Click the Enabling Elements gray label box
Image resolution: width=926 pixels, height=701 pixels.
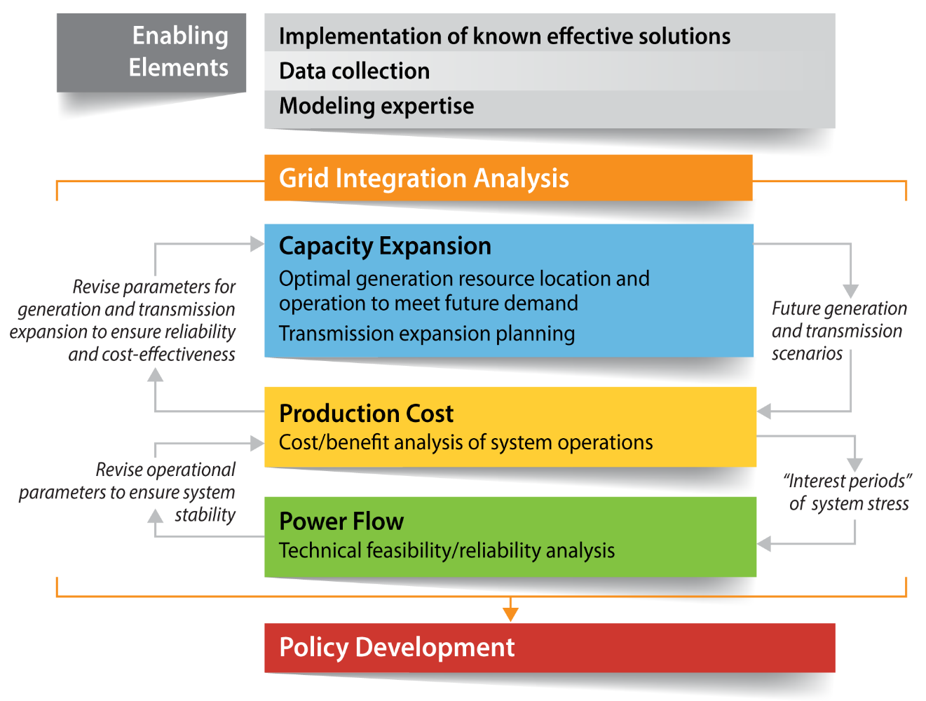[x=151, y=52]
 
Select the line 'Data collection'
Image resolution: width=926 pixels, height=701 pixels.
[x=354, y=72]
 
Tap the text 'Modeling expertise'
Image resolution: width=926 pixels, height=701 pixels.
[x=376, y=107]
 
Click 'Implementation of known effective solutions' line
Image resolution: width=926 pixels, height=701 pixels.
[x=504, y=36]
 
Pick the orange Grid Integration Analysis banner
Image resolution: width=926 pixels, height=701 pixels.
[x=508, y=178]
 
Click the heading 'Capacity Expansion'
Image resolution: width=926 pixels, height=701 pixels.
[x=385, y=246]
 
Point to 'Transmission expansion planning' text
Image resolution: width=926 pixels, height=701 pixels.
[x=426, y=334]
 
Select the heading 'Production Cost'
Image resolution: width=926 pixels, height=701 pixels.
[x=366, y=414]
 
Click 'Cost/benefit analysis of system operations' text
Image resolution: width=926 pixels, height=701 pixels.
[x=465, y=443]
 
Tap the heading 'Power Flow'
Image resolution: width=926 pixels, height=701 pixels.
[x=341, y=522]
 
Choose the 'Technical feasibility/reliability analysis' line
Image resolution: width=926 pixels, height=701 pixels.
[x=447, y=551]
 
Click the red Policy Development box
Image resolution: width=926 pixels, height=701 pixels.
[x=549, y=648]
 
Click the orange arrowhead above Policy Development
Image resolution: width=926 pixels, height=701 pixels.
[x=510, y=613]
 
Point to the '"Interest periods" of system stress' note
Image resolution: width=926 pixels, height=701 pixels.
[x=848, y=492]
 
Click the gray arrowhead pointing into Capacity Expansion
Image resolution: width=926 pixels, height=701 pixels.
[x=257, y=244]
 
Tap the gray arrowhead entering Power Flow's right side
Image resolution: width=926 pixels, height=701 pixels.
[x=765, y=544]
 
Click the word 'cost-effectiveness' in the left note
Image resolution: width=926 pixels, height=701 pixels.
[x=168, y=355]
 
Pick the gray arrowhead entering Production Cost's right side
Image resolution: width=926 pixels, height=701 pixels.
[x=765, y=411]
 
